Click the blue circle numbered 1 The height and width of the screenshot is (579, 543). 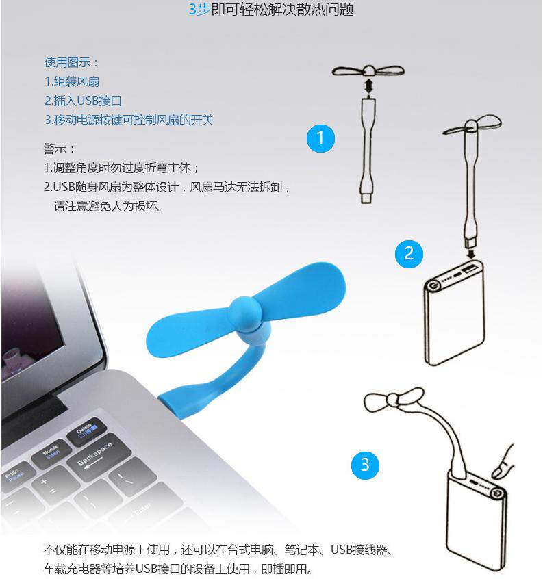point(320,138)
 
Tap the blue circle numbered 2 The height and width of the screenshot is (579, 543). point(409,253)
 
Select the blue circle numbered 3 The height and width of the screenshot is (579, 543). point(364,465)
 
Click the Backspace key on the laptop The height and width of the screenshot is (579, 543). point(94,454)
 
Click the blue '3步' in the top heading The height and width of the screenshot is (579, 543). point(199,10)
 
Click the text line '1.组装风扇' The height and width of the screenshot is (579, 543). point(72,81)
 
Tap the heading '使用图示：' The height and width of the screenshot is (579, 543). point(72,62)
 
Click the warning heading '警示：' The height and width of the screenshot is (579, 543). point(60,149)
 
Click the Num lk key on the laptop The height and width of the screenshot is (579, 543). point(52,452)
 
